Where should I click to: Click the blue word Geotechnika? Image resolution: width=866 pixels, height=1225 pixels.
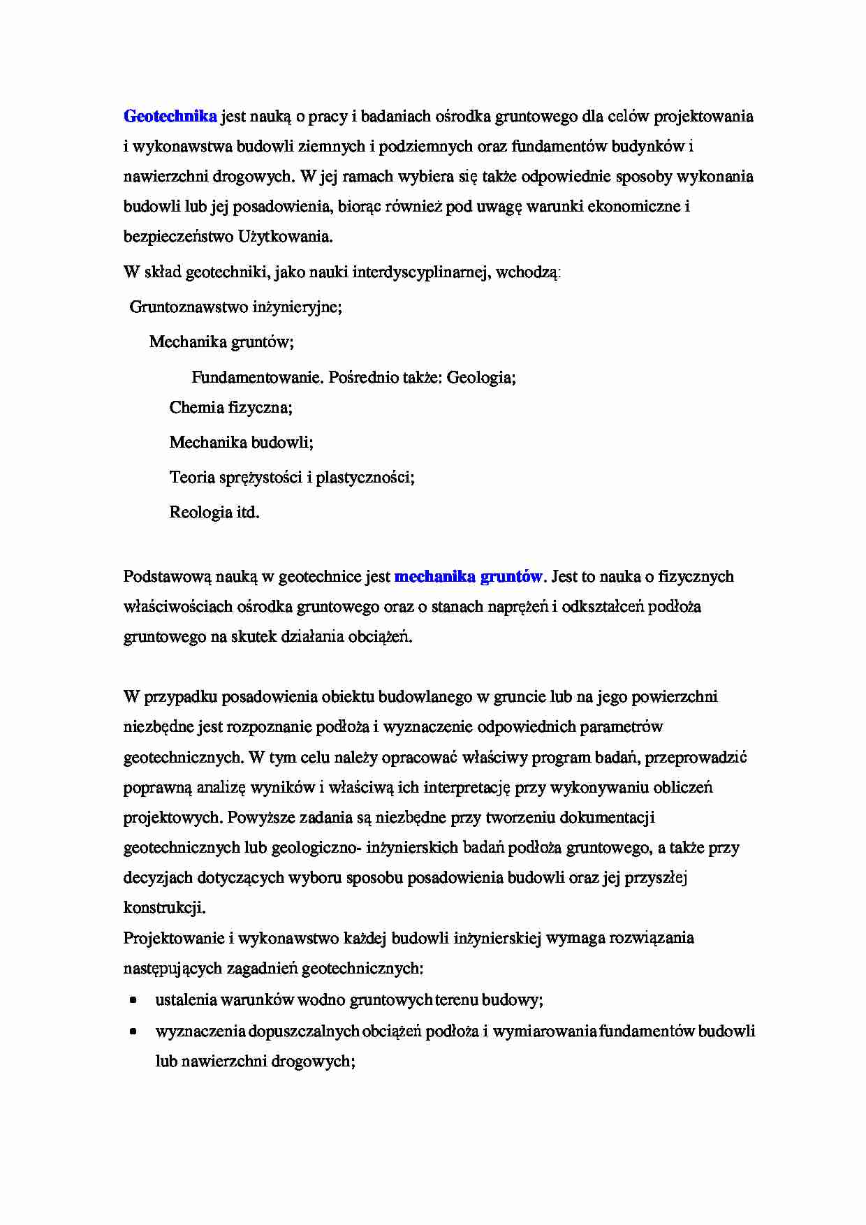170,117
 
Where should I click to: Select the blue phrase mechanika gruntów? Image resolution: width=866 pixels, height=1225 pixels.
468,577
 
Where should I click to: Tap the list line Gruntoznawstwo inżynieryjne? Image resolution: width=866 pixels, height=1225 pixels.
236,307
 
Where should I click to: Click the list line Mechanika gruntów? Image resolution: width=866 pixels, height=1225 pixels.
221,342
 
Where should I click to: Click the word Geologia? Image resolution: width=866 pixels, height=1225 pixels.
481,378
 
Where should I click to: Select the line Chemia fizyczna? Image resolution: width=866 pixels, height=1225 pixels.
230,407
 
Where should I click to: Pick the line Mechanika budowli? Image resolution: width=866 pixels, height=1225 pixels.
241,442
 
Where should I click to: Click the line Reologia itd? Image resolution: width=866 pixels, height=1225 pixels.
214,513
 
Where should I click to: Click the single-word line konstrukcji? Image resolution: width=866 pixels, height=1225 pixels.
164,908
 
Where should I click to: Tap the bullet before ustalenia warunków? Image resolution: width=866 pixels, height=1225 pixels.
133,1000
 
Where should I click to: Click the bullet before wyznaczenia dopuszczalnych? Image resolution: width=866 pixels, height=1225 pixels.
133,1032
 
